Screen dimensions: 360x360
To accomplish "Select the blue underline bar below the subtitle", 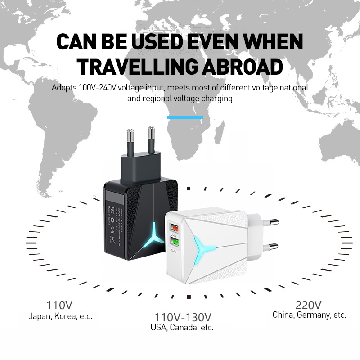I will [185, 117].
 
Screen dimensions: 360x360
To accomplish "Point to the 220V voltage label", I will [309, 304].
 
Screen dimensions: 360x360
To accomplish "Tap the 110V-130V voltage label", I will [183, 316].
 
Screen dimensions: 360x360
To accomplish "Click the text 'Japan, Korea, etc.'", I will [60, 316].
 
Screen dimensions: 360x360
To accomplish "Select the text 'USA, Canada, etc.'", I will [182, 328].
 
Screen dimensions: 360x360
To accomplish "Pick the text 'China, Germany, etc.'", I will [309, 315].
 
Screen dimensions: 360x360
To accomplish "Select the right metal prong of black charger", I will [151, 139].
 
